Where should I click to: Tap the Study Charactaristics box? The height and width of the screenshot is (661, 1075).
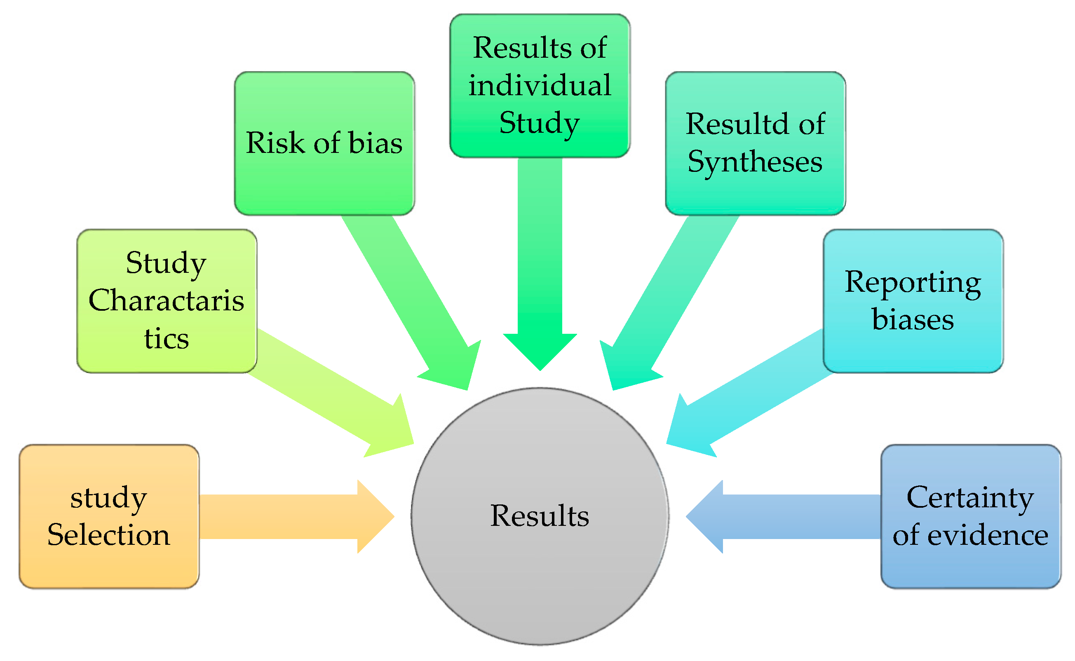(x=167, y=301)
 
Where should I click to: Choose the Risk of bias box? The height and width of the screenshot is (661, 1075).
(x=324, y=143)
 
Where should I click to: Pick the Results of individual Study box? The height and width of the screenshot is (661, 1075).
(x=540, y=85)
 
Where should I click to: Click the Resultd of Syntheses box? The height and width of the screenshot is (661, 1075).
(x=755, y=143)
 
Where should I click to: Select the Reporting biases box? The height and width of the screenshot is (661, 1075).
(x=913, y=301)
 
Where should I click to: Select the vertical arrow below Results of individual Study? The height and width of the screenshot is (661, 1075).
(x=540, y=263)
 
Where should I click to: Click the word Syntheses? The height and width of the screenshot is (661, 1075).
(x=755, y=162)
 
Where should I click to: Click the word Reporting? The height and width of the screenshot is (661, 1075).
(x=913, y=282)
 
